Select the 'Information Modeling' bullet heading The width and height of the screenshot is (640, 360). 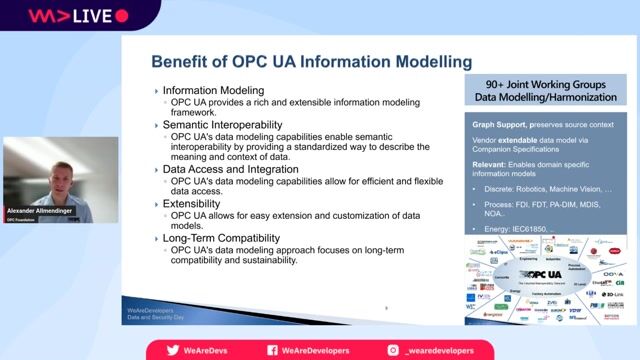coord(213,90)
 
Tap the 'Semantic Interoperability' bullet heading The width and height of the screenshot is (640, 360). coord(224,125)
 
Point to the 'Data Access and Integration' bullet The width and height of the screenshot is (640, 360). coord(230,169)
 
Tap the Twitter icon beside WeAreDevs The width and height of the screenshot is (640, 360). coord(172,350)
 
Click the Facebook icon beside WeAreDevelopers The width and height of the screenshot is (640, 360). coord(273,350)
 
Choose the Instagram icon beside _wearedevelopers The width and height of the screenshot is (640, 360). coord(394,350)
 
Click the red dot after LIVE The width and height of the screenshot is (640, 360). coord(122,16)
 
